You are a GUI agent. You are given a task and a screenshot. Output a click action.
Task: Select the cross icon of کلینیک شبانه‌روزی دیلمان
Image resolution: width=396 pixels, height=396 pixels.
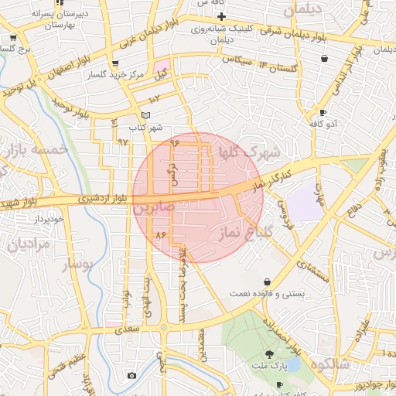click(222, 16)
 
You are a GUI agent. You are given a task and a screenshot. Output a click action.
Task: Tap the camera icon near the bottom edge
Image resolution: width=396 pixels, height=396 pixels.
click(131, 376)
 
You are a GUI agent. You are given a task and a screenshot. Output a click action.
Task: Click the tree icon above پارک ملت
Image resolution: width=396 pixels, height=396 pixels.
click(270, 353)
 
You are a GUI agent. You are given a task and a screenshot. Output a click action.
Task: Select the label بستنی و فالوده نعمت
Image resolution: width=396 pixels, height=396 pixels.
click(271, 295)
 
